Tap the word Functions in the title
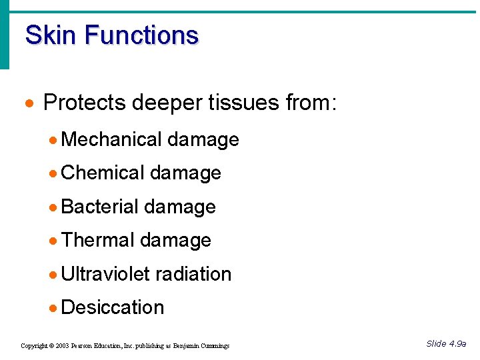tap(142, 35)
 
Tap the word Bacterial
tap(99, 207)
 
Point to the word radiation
tap(193, 274)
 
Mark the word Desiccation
tap(112, 307)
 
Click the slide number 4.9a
tap(457, 344)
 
